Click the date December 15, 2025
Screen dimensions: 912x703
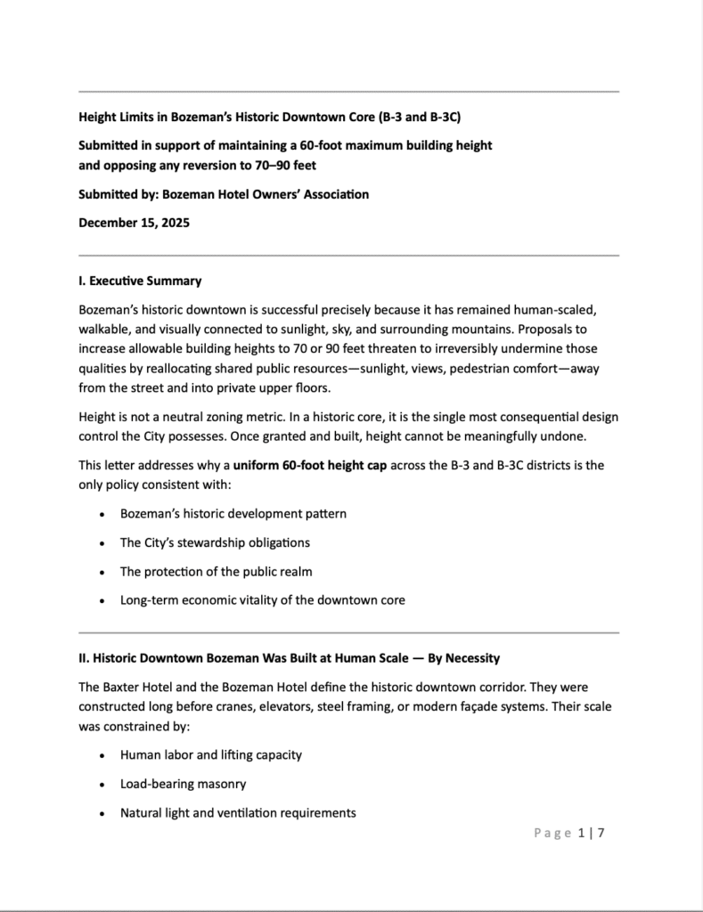coord(134,223)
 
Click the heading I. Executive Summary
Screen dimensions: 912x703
coord(140,281)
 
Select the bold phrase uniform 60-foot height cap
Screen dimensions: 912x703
coord(310,465)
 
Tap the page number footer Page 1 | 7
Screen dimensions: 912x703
coord(569,834)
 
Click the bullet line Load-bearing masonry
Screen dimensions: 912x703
coord(183,784)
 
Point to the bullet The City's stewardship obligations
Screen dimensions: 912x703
coord(215,542)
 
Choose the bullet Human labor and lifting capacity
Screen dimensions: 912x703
coord(210,754)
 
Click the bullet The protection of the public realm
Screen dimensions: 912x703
coord(216,571)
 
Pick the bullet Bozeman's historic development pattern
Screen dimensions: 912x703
coord(233,514)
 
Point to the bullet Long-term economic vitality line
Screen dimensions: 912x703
coord(262,600)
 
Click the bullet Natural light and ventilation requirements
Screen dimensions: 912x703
coord(238,812)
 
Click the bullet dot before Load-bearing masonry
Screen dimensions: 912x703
coord(102,785)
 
